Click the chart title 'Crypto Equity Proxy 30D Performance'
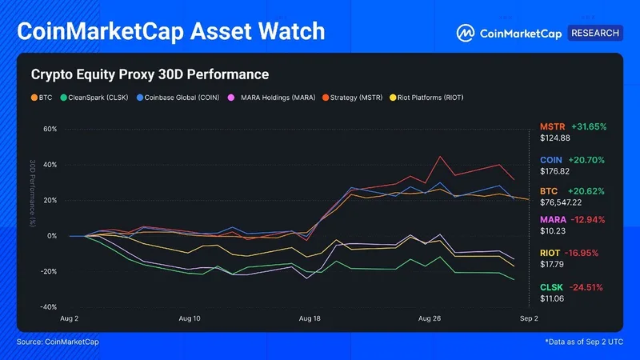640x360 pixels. click(x=150, y=74)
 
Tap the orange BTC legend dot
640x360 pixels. click(x=34, y=98)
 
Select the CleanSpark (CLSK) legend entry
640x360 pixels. click(x=94, y=98)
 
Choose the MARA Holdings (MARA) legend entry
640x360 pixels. click(x=271, y=98)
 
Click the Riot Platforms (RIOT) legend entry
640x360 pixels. click(x=426, y=98)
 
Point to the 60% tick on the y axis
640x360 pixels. click(x=50, y=129)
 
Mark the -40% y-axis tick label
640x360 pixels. click(x=48, y=307)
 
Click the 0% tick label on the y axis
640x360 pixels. click(x=52, y=236)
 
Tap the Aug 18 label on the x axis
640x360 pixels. click(x=310, y=318)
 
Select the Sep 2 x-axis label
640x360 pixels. click(x=529, y=318)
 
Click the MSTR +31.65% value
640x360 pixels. click(x=589, y=126)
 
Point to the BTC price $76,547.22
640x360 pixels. click(x=561, y=202)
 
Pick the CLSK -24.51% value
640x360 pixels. click(x=586, y=287)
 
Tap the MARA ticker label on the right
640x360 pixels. click(x=553, y=219)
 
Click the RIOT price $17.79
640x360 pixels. click(x=552, y=265)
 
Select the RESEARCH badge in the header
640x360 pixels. click(x=595, y=33)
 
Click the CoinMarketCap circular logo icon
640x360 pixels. click(x=466, y=33)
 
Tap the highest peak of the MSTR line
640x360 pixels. click(x=440, y=157)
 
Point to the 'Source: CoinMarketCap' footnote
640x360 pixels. click(x=58, y=342)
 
